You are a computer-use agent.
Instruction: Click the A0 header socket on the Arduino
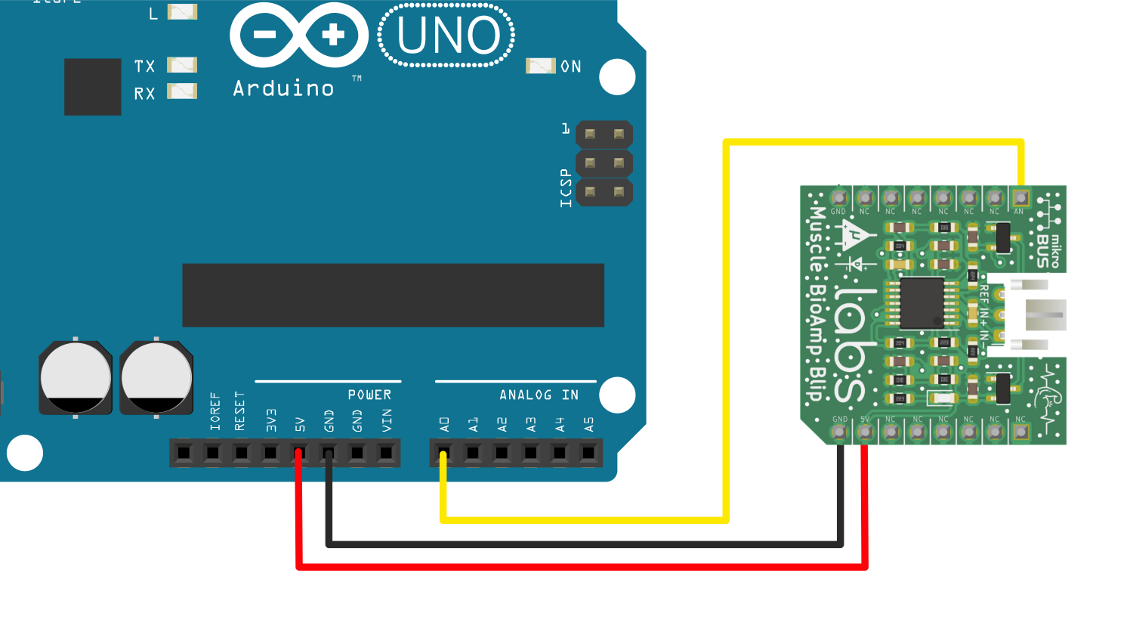click(443, 454)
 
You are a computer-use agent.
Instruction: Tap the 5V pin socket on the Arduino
click(299, 454)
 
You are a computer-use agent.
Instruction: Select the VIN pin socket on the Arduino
click(386, 454)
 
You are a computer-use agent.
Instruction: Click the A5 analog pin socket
click(588, 454)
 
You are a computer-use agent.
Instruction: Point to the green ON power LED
click(541, 67)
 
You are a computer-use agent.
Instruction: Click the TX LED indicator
click(182, 65)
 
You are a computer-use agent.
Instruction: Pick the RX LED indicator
click(182, 91)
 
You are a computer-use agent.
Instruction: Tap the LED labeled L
click(182, 12)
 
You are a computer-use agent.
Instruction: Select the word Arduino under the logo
click(283, 89)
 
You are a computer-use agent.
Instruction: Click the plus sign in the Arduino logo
click(333, 35)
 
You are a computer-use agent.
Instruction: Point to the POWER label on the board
click(369, 395)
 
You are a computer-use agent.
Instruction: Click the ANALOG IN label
click(539, 395)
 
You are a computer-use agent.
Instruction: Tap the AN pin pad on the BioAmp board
click(1020, 198)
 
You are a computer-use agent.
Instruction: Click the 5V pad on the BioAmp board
click(865, 432)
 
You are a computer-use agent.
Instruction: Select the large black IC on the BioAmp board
click(921, 303)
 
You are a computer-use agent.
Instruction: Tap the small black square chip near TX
click(93, 87)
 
